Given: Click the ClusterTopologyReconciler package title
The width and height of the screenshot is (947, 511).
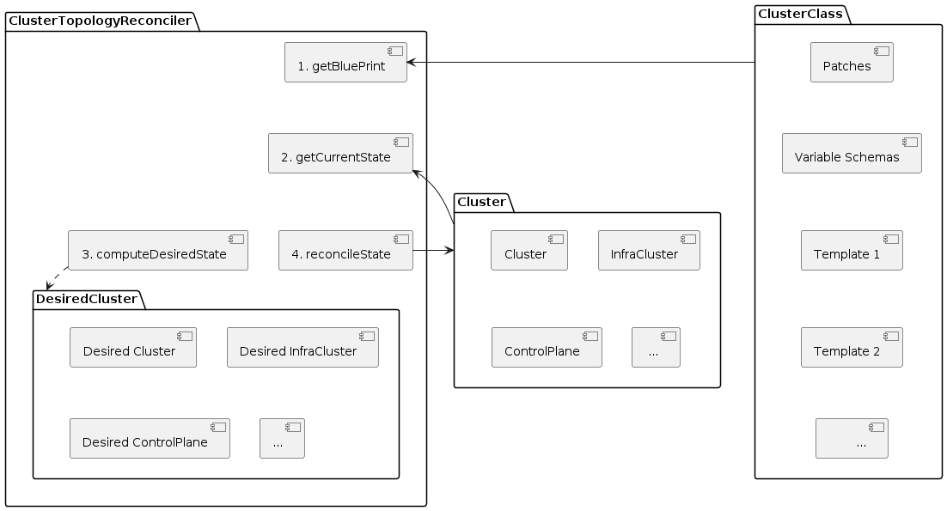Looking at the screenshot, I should coord(100,21).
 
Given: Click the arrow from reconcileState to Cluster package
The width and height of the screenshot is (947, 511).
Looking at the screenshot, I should coord(433,251).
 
